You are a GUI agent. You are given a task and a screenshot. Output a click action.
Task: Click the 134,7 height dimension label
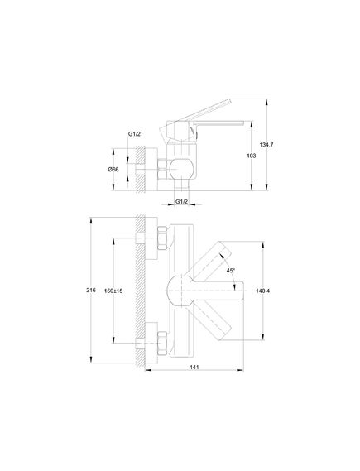pyautogui.click(x=266, y=145)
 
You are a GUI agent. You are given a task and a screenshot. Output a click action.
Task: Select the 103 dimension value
pyautogui.click(x=252, y=156)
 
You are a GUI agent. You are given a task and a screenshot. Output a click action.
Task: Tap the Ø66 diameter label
pyautogui.click(x=113, y=170)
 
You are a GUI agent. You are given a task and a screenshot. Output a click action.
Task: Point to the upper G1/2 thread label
pyautogui.click(x=134, y=134)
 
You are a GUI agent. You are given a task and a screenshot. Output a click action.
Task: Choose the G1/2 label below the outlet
pyautogui.click(x=181, y=201)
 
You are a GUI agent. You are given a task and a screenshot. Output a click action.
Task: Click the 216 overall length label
pyautogui.click(x=91, y=291)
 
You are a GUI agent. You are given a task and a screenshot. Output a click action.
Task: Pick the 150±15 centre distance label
pyautogui.click(x=113, y=291)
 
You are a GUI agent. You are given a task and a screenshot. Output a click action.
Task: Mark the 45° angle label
pyautogui.click(x=231, y=271)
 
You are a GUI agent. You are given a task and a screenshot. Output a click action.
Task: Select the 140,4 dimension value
pyautogui.click(x=262, y=291)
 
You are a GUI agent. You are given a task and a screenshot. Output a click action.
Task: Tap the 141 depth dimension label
pyautogui.click(x=194, y=367)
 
